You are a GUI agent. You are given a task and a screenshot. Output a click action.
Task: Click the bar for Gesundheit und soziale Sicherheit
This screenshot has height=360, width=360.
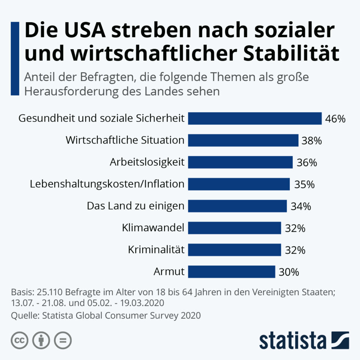click(x=255, y=118)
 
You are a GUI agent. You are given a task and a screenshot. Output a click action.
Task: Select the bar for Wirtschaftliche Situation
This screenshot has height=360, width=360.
click(x=243, y=140)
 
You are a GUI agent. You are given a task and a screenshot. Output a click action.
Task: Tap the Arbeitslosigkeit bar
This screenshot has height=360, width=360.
click(x=240, y=162)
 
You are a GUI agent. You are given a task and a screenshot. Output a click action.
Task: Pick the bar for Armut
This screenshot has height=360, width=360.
click(x=231, y=271)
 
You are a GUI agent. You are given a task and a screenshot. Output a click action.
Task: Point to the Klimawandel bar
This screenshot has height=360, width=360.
click(x=234, y=228)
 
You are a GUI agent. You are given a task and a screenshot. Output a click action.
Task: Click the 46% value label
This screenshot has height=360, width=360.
click(x=335, y=119)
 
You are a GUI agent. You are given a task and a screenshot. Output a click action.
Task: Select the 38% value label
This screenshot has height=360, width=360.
click(x=312, y=141)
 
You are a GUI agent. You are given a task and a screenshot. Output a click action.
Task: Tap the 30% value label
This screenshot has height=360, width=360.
click(x=288, y=272)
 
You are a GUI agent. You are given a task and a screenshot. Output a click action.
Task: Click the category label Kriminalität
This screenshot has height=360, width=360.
click(x=156, y=249)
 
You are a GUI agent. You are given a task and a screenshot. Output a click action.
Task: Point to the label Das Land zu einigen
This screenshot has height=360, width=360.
click(x=135, y=206)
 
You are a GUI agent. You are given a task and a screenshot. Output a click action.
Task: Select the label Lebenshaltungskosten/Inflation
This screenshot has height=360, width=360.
click(x=107, y=184)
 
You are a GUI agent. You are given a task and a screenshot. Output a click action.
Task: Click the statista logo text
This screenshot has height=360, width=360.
click(x=292, y=340)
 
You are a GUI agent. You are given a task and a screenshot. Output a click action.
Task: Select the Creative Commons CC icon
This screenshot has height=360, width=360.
click(x=19, y=340)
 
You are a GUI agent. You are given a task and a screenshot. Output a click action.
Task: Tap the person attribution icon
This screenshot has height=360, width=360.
click(x=41, y=340)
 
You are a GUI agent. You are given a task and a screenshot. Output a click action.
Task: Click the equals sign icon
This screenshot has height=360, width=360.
click(x=63, y=340)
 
